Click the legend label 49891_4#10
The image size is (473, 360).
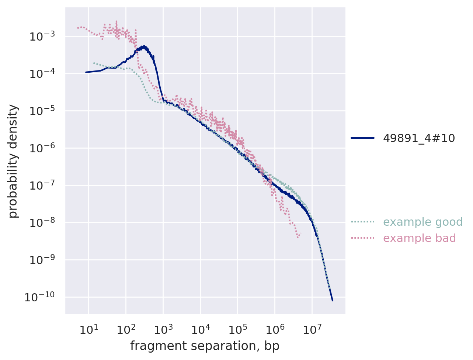(x=419, y=138)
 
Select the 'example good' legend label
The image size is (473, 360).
(x=423, y=222)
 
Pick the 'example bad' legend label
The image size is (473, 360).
(x=420, y=238)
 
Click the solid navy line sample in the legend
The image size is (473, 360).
(x=363, y=138)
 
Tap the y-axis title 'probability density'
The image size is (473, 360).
(x=13, y=161)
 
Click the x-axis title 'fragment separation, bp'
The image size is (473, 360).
(x=205, y=346)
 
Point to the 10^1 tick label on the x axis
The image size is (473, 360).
(x=88, y=329)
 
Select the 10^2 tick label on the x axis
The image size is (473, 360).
(x=126, y=329)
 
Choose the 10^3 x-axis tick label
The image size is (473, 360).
(x=163, y=329)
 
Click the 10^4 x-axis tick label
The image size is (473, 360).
(x=200, y=329)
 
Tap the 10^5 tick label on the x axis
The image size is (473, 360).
(x=237, y=329)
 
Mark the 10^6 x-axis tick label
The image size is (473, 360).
(x=275, y=329)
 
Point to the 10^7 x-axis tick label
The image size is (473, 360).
(x=312, y=329)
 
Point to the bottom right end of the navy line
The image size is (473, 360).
(x=332, y=301)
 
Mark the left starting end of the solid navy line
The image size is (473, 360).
(x=86, y=72)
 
